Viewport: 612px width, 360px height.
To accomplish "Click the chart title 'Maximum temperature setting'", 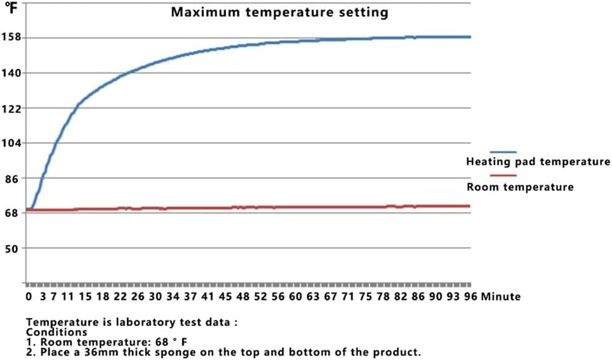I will (280, 12).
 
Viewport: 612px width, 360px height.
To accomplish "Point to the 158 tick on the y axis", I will (13, 38).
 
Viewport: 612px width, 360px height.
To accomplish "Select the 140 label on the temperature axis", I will (13, 73).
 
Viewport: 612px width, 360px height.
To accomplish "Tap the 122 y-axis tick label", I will (13, 108).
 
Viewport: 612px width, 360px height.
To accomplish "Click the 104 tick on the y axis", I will (13, 143).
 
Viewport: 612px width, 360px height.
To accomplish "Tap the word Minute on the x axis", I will (501, 296).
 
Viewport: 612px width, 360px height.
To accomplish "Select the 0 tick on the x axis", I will (28, 296).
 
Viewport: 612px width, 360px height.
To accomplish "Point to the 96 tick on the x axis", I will (470, 296).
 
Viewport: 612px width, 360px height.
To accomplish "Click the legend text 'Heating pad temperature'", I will (538, 162).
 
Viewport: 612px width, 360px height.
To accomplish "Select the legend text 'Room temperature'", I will (520, 187).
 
